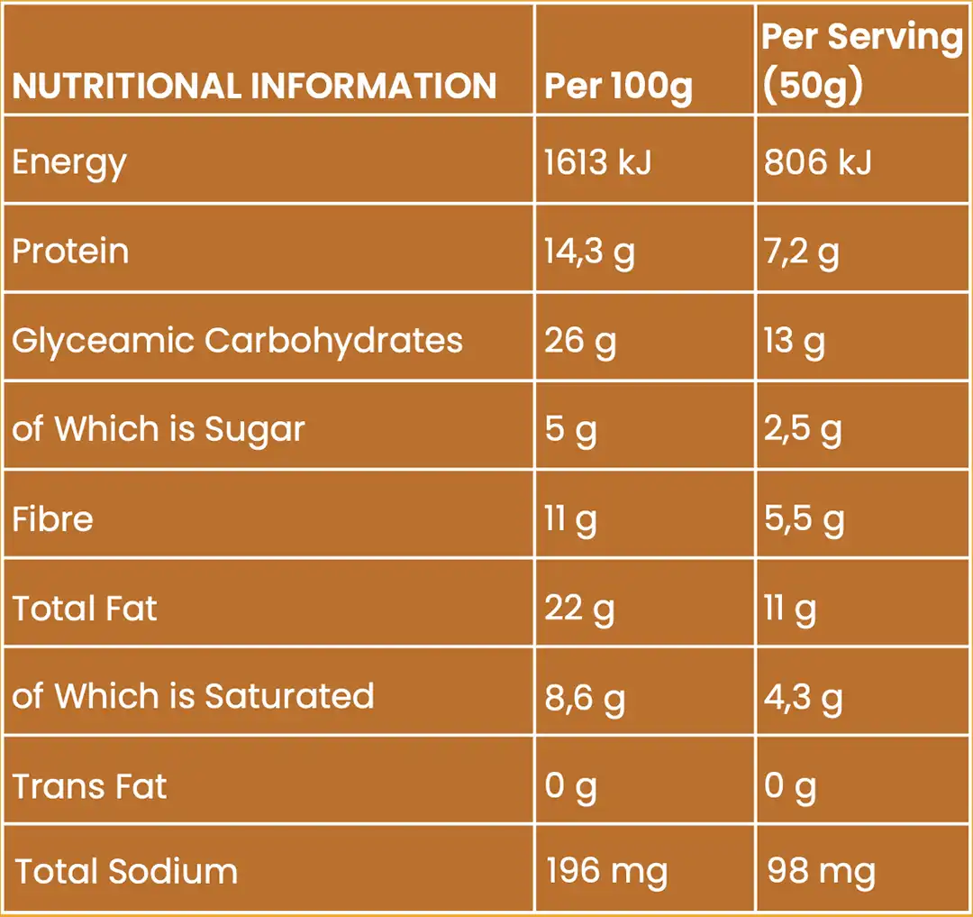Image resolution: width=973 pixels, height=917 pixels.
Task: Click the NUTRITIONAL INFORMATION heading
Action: coord(254,86)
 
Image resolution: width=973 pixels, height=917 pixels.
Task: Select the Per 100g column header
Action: coord(618,87)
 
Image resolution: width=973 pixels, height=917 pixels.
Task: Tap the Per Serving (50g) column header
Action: coord(862,61)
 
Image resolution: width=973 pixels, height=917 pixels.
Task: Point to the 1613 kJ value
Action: coord(597,162)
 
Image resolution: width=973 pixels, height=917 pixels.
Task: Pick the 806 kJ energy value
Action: coord(817,162)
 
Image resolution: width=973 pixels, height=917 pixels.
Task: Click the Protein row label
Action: coord(70,252)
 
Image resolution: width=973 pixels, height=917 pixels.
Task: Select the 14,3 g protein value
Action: coord(589,253)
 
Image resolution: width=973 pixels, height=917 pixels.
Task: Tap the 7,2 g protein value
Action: coord(801,253)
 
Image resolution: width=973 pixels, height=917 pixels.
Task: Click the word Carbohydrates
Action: coord(333,342)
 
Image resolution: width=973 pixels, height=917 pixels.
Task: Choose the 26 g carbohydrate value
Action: coord(579,342)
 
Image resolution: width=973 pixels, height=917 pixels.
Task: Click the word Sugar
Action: coord(254,430)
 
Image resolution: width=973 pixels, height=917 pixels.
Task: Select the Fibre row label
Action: coord(52,519)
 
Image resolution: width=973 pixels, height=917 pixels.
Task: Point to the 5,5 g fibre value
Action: coord(804,519)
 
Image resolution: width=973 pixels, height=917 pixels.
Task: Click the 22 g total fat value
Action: coord(579,609)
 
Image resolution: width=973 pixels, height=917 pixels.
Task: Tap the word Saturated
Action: coord(289,697)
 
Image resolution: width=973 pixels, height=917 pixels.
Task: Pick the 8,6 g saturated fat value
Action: coord(584,699)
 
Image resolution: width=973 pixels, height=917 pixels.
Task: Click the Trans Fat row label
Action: coord(89,786)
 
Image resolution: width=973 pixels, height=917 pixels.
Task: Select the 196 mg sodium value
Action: coord(606,872)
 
